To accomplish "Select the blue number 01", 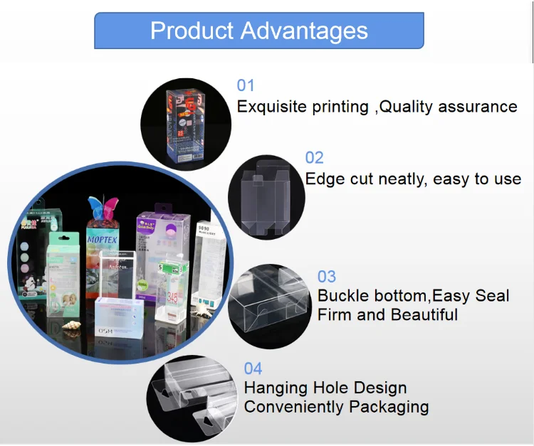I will point(246,86).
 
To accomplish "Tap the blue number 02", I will point(315,157).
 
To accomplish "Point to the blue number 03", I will point(327,276).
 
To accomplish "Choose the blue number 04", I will point(253,368).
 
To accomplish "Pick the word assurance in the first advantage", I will point(478,107).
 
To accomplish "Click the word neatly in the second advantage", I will point(397,179).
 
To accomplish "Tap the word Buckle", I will point(342,295).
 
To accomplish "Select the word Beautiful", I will point(420,314).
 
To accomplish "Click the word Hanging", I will point(275,388).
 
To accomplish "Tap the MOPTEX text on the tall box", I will point(105,240).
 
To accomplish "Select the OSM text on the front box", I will point(106,332).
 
